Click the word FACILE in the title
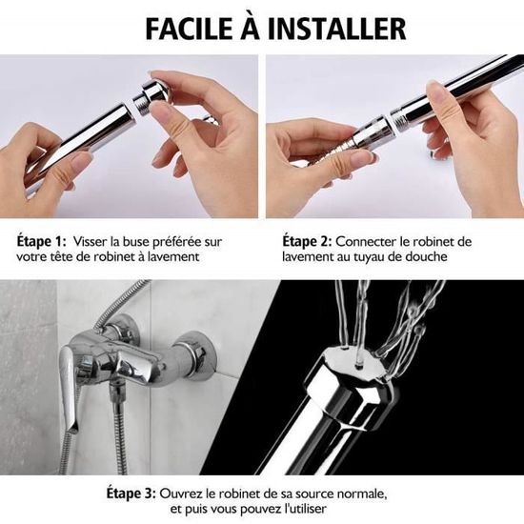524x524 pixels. click(x=190, y=29)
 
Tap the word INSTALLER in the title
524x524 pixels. click(x=337, y=29)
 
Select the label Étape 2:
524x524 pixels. click(x=307, y=241)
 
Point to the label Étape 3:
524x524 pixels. click(x=131, y=494)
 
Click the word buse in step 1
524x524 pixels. click(x=134, y=242)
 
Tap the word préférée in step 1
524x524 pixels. click(x=177, y=242)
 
